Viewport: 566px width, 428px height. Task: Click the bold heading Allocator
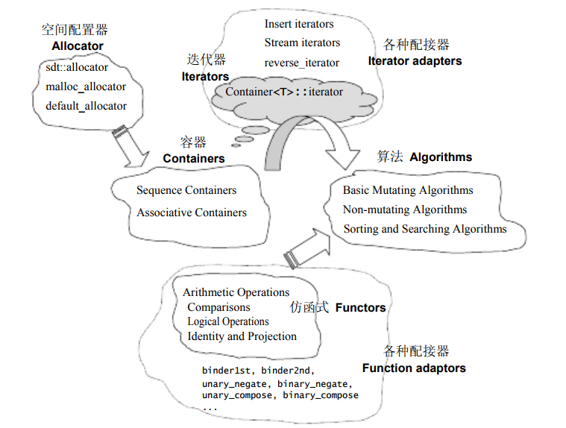pos(78,45)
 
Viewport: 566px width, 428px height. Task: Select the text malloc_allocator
pos(86,86)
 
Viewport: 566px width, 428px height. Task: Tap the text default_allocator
pos(86,106)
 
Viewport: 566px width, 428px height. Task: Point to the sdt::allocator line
pos(77,67)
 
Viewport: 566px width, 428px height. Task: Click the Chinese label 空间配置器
pos(75,30)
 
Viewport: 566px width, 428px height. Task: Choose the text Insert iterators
pos(299,24)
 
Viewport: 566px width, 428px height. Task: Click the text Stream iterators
pos(302,43)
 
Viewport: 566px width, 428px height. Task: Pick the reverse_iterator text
pos(301,63)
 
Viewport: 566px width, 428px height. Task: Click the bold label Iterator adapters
pos(415,60)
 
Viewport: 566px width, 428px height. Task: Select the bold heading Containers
pos(194,158)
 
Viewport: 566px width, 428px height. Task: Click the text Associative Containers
pos(191,213)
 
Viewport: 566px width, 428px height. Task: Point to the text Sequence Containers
pos(186,190)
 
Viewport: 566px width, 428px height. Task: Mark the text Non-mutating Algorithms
pos(405,210)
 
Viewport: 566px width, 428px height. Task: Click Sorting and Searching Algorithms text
pos(424,229)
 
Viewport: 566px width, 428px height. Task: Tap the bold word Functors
pos(361,307)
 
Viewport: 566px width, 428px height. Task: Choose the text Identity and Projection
pos(242,336)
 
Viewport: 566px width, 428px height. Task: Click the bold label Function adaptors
pos(414,368)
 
